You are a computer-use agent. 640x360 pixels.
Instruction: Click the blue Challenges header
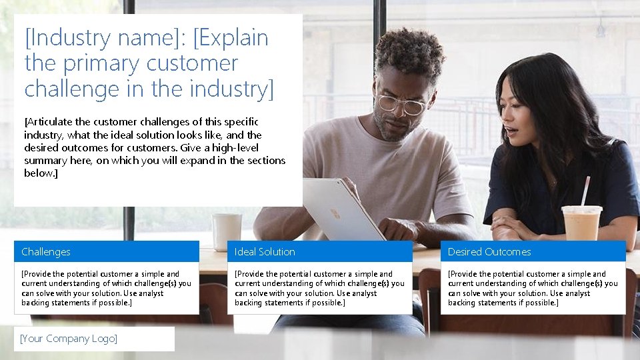coord(107,251)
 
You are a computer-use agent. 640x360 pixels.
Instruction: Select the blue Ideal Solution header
coord(320,251)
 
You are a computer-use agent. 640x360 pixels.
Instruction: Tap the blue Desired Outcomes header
coord(533,251)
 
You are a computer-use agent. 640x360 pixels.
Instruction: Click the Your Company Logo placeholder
coord(94,339)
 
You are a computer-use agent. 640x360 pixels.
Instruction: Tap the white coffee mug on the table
coord(227,231)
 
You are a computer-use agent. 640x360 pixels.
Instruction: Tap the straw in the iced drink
coord(585,191)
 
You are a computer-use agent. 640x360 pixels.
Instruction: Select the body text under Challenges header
coord(107,288)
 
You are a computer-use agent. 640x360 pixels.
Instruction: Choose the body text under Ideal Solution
coord(320,288)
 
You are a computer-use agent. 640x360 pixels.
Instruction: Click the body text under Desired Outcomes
coord(533,288)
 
